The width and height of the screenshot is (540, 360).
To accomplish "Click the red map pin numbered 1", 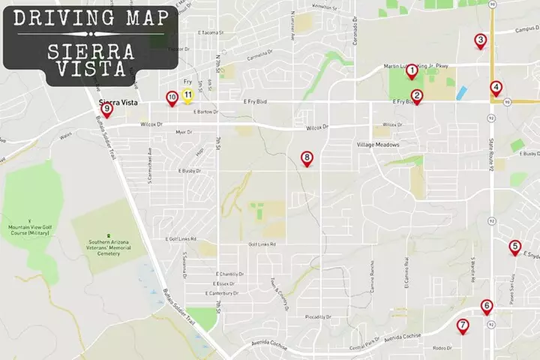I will click(411, 71).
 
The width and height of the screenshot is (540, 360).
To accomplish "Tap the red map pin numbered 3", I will click(481, 40).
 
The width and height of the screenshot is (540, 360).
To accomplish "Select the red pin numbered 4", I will click(496, 87).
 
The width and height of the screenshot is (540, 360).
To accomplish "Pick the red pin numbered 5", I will click(514, 246).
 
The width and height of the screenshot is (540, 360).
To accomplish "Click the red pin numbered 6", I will click(487, 305).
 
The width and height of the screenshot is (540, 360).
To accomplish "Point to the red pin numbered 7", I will click(463, 325).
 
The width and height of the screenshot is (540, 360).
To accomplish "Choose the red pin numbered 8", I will click(306, 157).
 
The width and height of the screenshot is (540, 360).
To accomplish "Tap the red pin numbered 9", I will click(107, 109).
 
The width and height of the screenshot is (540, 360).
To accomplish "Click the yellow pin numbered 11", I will click(187, 95).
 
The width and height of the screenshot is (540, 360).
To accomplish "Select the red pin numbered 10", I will click(172, 97).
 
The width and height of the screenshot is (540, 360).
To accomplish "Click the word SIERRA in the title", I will click(91, 52).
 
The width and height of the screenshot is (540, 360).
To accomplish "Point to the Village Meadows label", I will click(378, 145).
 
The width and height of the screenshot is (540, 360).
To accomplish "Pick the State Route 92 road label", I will click(490, 159).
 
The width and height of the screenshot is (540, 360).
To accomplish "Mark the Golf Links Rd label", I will click(262, 244).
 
